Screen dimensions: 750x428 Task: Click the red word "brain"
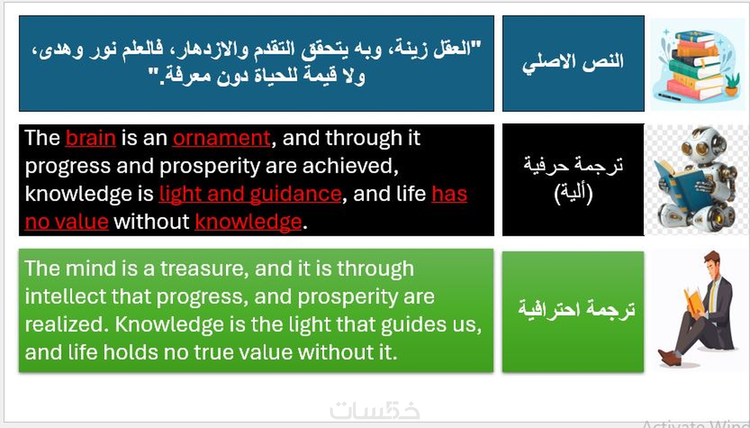pos(91,138)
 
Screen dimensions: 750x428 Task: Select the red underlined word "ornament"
pos(221,138)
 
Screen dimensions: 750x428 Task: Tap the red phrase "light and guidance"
pos(250,194)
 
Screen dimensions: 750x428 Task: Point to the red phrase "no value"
pos(67,222)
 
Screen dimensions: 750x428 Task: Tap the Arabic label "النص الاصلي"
pos(573,63)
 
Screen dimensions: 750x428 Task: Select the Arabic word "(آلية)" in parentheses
pos(573,193)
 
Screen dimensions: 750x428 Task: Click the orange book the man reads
pos(693,301)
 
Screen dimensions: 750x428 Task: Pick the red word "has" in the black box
pos(449,194)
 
